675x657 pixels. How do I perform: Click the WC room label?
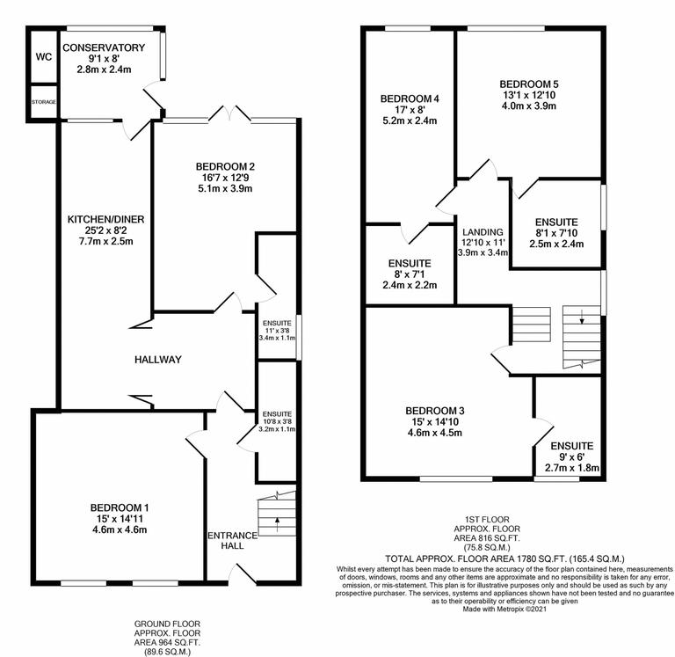(x=44, y=57)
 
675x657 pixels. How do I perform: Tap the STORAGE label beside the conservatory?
(x=44, y=102)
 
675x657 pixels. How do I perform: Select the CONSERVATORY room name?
(x=104, y=47)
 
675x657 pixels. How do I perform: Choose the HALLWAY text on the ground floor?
(x=158, y=359)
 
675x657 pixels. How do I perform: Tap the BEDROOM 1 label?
(x=119, y=507)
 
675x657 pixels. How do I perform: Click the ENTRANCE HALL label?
(x=232, y=541)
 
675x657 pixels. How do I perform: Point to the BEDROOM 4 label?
(x=410, y=99)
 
